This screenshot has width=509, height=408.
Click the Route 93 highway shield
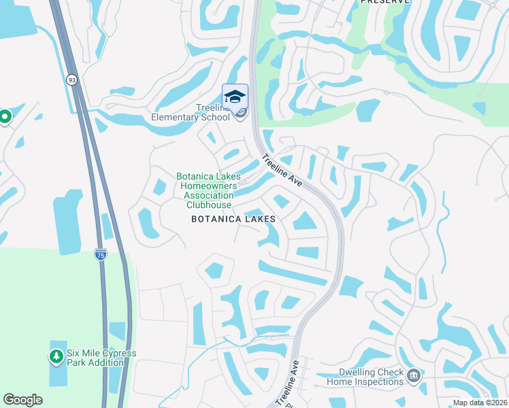pos(71,80)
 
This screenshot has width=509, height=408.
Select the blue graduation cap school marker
pos(235,97)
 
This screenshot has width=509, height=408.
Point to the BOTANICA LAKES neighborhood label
pos(233,219)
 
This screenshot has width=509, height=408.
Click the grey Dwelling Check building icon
pos(413,375)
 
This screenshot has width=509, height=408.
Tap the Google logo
pos(22,400)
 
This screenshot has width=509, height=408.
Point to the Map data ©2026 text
pos(479,403)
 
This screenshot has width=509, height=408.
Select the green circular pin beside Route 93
pos(5,117)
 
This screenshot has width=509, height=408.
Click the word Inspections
pos(378,381)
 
